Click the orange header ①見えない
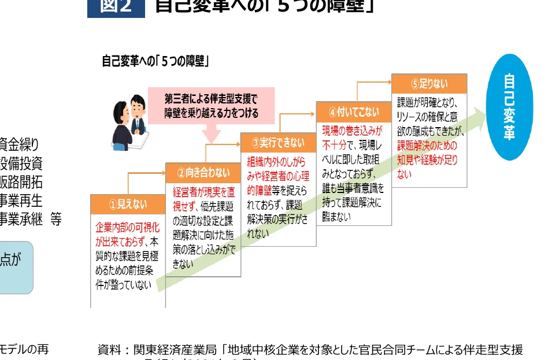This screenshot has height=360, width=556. pyautogui.click(x=128, y=204)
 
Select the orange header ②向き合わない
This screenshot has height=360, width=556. pyautogui.click(x=203, y=172)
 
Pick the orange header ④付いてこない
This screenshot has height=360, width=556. pyautogui.click(x=354, y=111)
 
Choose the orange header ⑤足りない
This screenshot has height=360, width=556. pyautogui.click(x=429, y=83)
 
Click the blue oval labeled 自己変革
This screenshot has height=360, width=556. pyautogui.click(x=509, y=107)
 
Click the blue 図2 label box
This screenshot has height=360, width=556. pyautogui.click(x=116, y=7)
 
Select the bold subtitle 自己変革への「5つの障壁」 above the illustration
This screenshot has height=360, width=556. pyautogui.click(x=155, y=61)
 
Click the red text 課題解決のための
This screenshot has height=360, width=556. pyautogui.click(x=427, y=145)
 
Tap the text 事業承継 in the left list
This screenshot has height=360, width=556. pyautogui.click(x=21, y=219)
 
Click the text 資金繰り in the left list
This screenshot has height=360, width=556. pyautogui.click(x=20, y=143)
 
